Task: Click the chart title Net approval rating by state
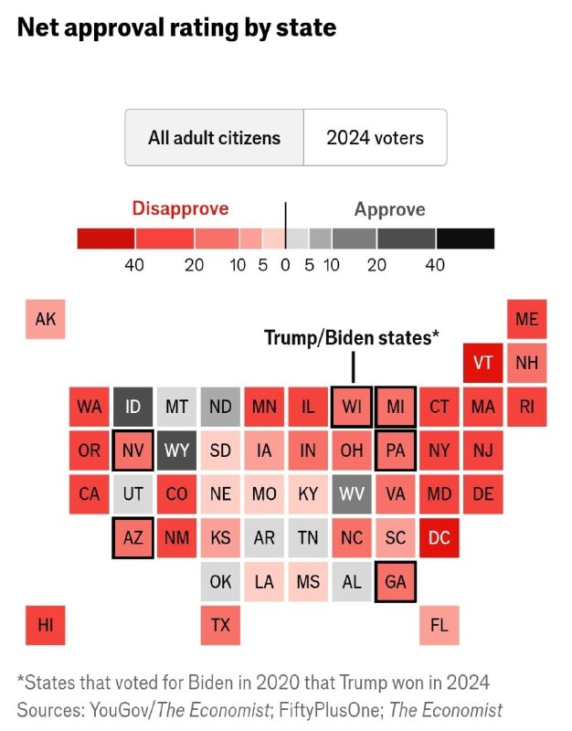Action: pos(176,28)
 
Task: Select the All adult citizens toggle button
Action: pos(214,138)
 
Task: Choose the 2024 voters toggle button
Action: pos(375,138)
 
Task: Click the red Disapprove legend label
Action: pos(180,208)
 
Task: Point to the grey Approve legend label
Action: pos(389,209)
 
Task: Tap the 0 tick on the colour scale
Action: pos(285,265)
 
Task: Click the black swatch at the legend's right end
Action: pos(465,238)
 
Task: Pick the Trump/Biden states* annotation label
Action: pos(352,338)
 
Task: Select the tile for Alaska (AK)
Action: pos(46,319)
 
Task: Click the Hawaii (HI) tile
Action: pos(46,625)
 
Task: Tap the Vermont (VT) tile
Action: pos(483,362)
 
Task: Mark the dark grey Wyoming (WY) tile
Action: pos(177,450)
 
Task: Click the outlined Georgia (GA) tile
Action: pos(396,582)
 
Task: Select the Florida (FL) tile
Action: pos(440,625)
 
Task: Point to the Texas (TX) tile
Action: pos(220,625)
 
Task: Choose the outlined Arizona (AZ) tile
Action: pos(133,538)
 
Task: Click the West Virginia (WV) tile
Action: pos(352,494)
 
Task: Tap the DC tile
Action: pos(440,538)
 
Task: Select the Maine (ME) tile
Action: pos(527,319)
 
